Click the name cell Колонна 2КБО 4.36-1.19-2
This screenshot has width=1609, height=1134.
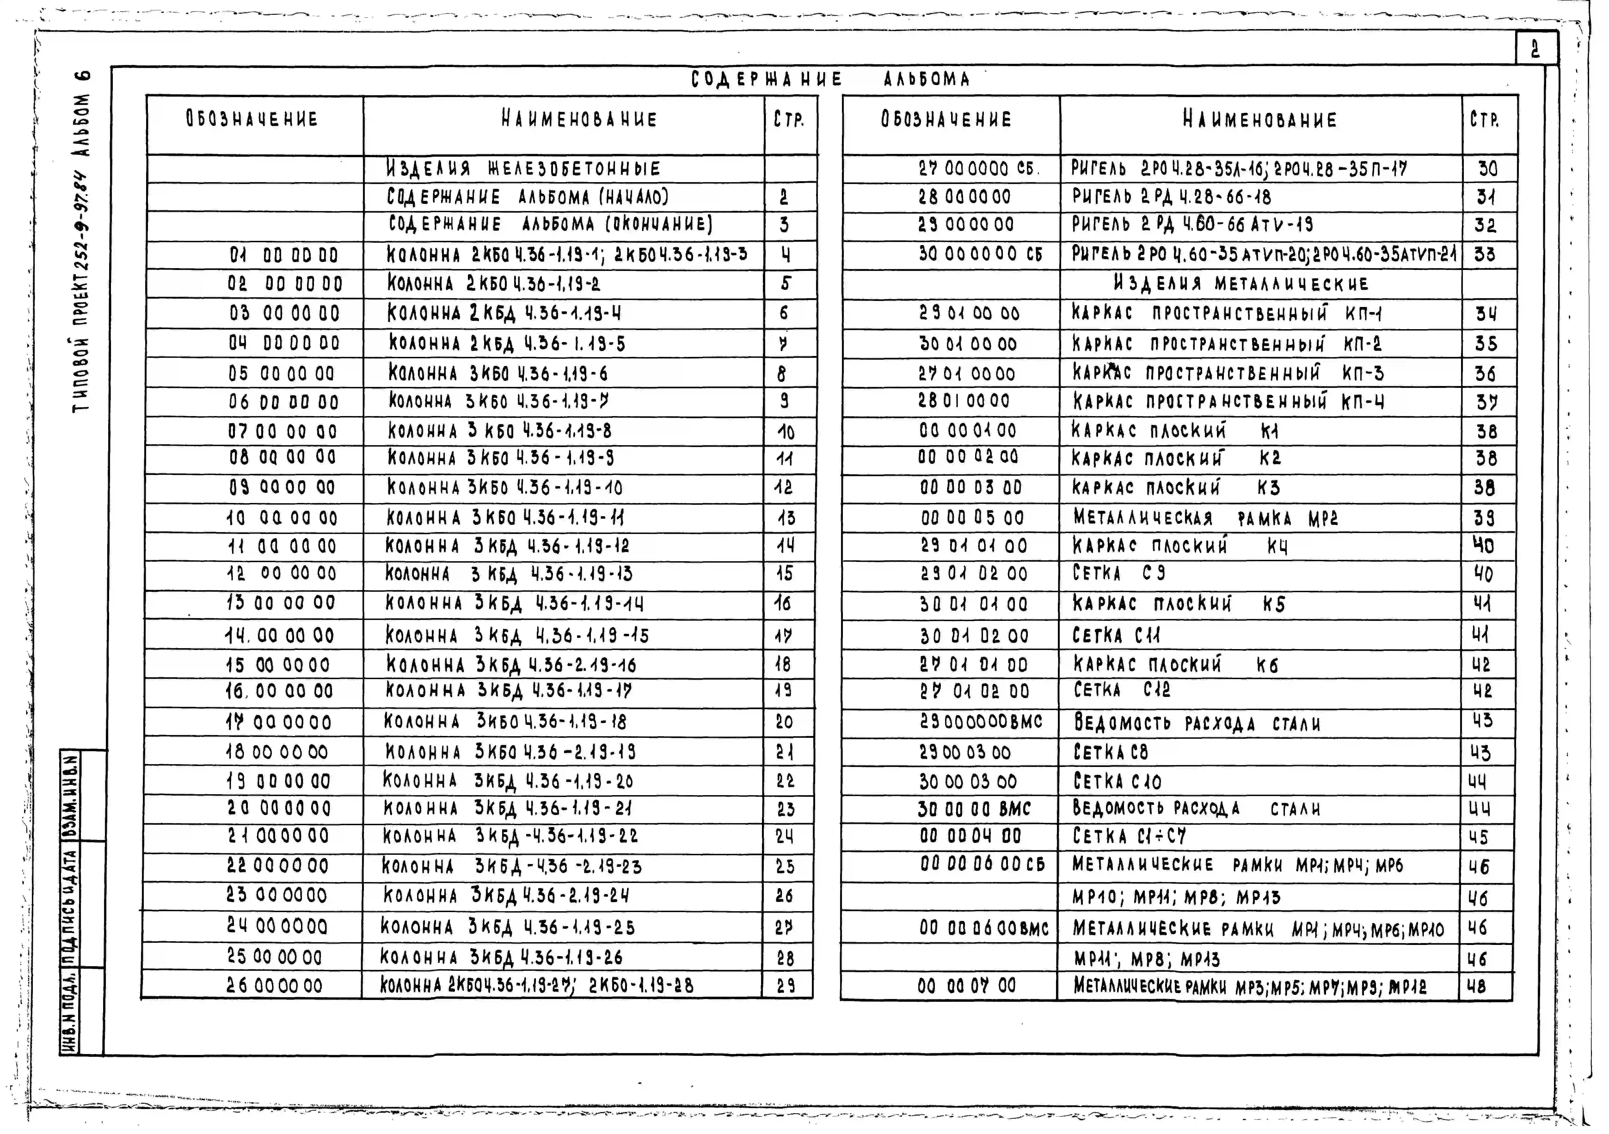coord(494,284)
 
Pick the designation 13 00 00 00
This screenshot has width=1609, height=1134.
coord(280,603)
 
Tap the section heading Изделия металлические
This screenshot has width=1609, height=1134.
coord(1241,284)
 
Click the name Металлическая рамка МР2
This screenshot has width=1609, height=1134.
coord(1205,519)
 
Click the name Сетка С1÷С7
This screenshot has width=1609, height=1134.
coord(1129,836)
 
